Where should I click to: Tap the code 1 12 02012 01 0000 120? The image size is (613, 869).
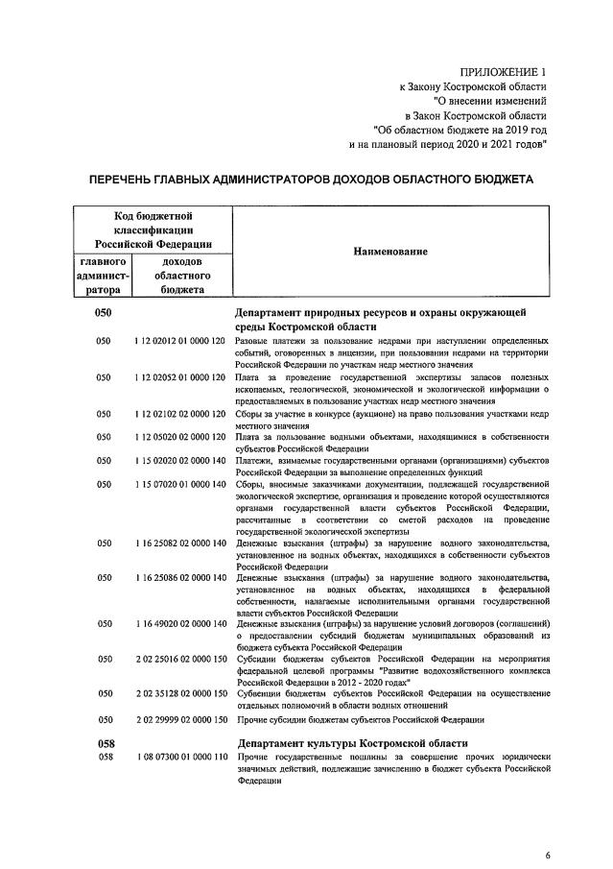tap(180, 341)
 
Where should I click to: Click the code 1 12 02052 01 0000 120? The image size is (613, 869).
tap(180, 377)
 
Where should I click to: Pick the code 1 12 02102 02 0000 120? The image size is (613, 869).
tap(180, 414)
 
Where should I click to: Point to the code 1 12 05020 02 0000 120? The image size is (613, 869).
tap(180, 438)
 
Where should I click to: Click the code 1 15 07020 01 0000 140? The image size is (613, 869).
tap(180, 484)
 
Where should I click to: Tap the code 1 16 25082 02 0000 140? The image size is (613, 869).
tap(180, 543)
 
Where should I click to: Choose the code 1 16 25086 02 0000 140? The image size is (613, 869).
tap(180, 577)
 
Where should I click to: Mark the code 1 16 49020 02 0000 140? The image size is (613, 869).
tap(180, 624)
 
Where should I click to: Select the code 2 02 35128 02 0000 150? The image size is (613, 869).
tap(180, 693)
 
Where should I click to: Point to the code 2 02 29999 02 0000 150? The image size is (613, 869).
tap(180, 719)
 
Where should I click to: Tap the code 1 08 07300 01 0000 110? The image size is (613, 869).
tap(180, 759)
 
